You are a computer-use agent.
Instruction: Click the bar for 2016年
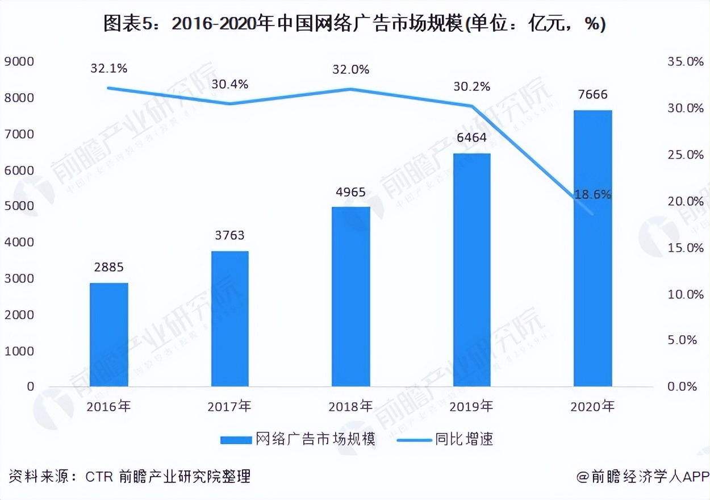coord(108,335)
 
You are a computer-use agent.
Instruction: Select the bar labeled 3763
coord(229,319)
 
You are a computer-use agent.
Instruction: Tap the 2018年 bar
coord(350,297)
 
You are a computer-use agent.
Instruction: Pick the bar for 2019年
coord(471,270)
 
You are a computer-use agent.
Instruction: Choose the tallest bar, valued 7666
coord(592,248)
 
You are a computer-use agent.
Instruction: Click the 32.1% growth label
coord(108,69)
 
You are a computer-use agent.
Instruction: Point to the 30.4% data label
coord(229,84)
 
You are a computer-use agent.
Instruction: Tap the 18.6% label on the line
coord(592,195)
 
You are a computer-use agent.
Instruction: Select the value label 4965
coord(350,191)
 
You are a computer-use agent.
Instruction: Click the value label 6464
coord(471,138)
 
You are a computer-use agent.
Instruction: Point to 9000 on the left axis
coord(19,61)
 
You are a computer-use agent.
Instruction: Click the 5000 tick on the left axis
coord(19,206)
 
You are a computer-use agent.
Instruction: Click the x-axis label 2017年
coord(229,406)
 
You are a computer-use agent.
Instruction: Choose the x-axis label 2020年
coord(592,406)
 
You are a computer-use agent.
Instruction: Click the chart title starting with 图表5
coord(354,24)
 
